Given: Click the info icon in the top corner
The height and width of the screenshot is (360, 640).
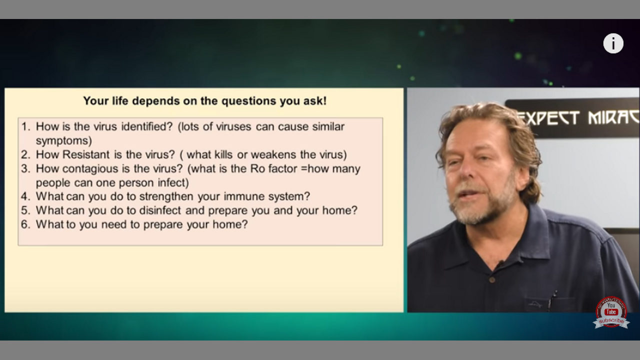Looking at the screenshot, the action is [x=613, y=43].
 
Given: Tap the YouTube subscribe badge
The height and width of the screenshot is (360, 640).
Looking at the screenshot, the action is [x=611, y=312].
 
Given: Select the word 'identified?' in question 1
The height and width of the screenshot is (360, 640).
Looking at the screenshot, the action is [x=147, y=126].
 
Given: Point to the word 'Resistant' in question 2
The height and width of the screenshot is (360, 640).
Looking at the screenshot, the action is [x=86, y=154].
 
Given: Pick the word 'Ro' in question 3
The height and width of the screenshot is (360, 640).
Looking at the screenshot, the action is [x=257, y=168].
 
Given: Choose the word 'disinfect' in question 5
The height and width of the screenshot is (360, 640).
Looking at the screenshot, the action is [x=160, y=210].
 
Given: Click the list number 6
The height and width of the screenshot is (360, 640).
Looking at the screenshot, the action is [x=25, y=224].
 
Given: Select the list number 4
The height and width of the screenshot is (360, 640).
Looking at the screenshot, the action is [x=25, y=196].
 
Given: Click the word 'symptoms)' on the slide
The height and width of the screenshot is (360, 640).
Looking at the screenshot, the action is [x=63, y=141].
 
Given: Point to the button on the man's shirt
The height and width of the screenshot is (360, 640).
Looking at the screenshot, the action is [x=492, y=279].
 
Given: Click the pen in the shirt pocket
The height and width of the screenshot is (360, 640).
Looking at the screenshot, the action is [x=552, y=300].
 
